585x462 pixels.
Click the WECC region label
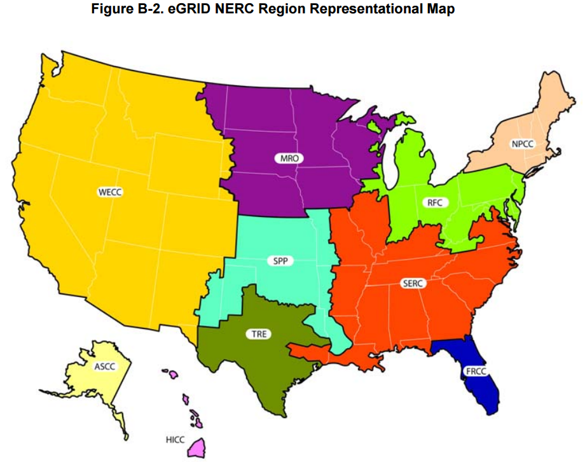pyautogui.click(x=109, y=190)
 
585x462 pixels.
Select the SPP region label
pyautogui.click(x=280, y=261)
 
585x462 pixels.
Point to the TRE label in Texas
pyautogui.click(x=259, y=333)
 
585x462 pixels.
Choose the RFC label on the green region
pyautogui.click(x=435, y=203)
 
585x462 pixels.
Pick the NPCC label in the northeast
pyautogui.click(x=522, y=144)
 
